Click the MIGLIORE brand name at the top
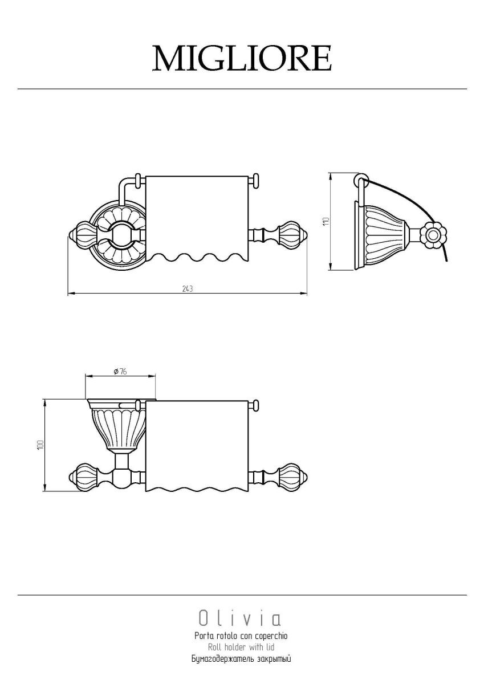[x=242, y=58]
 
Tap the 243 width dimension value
[x=188, y=288]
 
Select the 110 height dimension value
[x=326, y=221]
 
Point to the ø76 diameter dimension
[x=120, y=371]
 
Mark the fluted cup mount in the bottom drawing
[x=117, y=425]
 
